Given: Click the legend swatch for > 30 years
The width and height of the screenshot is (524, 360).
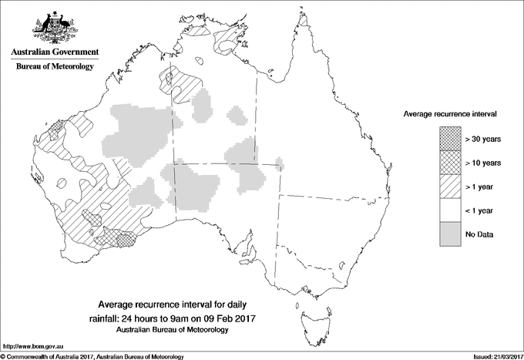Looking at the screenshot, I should [450, 139].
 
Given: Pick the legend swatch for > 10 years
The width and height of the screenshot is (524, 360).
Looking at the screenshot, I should [450, 163].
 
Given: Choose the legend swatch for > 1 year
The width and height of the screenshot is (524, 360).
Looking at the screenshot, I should [450, 187].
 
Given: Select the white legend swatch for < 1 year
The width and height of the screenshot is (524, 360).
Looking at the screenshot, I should [450, 210].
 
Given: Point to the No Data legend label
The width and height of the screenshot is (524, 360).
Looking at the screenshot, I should [479, 234].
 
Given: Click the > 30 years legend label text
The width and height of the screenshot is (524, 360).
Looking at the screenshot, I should [483, 139].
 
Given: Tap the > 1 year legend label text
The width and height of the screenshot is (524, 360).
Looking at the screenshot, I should [482, 187].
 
